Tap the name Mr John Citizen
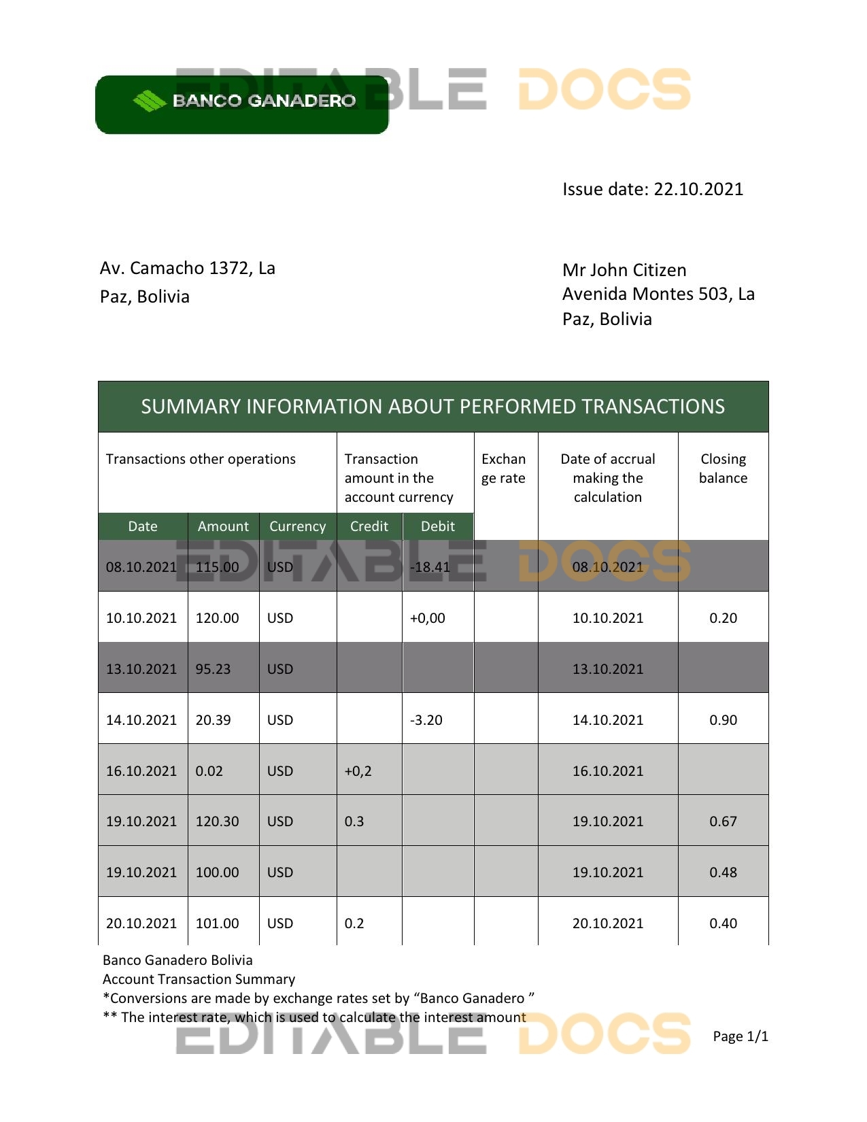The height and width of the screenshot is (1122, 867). click(x=624, y=270)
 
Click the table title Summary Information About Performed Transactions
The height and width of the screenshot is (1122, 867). click(x=432, y=407)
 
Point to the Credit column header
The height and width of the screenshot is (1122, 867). click(x=369, y=526)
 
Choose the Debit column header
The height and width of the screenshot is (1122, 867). click(x=437, y=526)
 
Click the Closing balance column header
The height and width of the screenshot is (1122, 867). click(x=723, y=469)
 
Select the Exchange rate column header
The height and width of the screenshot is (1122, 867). click(x=503, y=469)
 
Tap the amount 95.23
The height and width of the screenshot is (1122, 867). click(x=213, y=669)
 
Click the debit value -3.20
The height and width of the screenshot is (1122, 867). click(x=426, y=720)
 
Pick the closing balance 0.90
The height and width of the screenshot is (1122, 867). click(x=723, y=720)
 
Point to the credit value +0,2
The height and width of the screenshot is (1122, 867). click(x=358, y=771)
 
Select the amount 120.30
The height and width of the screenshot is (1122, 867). click(x=217, y=821)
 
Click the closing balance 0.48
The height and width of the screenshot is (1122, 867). click(x=723, y=872)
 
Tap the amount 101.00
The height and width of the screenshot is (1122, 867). click(x=217, y=923)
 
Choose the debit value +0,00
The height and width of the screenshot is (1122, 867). click(x=427, y=618)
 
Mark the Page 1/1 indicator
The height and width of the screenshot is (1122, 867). click(x=740, y=1036)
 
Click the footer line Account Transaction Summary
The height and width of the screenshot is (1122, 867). click(x=199, y=979)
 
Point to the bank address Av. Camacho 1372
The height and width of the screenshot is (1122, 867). click(x=187, y=269)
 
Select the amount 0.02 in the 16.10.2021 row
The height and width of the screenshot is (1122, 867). click(x=209, y=771)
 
